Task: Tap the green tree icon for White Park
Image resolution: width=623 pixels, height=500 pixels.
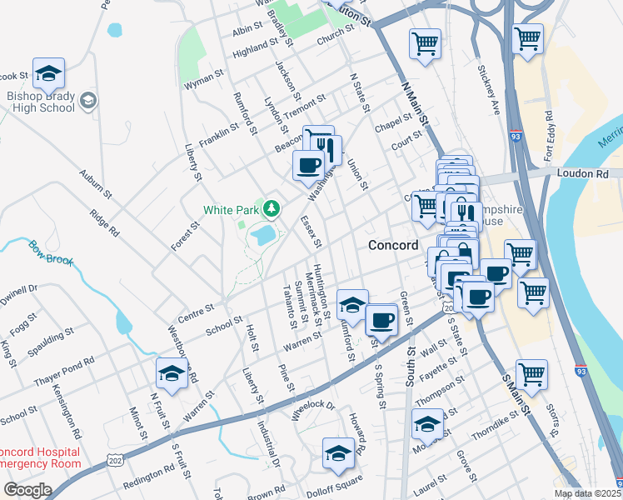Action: [x=270, y=207]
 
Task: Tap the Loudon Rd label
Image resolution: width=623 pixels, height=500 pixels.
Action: [x=592, y=174]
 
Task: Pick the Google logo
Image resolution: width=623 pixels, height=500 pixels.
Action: [x=27, y=490]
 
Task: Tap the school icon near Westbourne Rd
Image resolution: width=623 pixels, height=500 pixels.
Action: [x=171, y=374]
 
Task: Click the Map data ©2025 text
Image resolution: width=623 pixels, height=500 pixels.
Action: [x=588, y=493]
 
